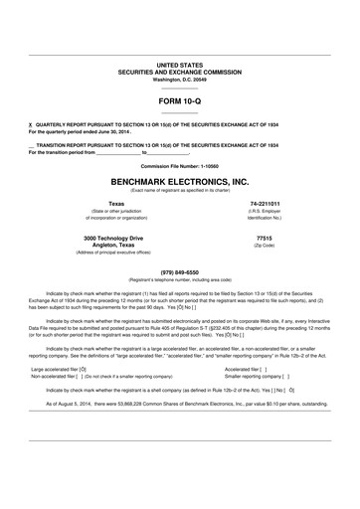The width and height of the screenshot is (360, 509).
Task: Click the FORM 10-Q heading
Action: [x=179, y=101]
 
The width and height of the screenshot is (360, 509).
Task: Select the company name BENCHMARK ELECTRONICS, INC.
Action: [x=179, y=184]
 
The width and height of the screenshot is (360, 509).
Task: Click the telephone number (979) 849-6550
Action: [x=179, y=271]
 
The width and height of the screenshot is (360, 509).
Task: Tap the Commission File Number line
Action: [x=179, y=165]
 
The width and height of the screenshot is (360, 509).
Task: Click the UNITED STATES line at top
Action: [x=179, y=64]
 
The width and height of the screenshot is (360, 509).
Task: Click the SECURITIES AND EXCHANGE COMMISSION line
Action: [x=179, y=71]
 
